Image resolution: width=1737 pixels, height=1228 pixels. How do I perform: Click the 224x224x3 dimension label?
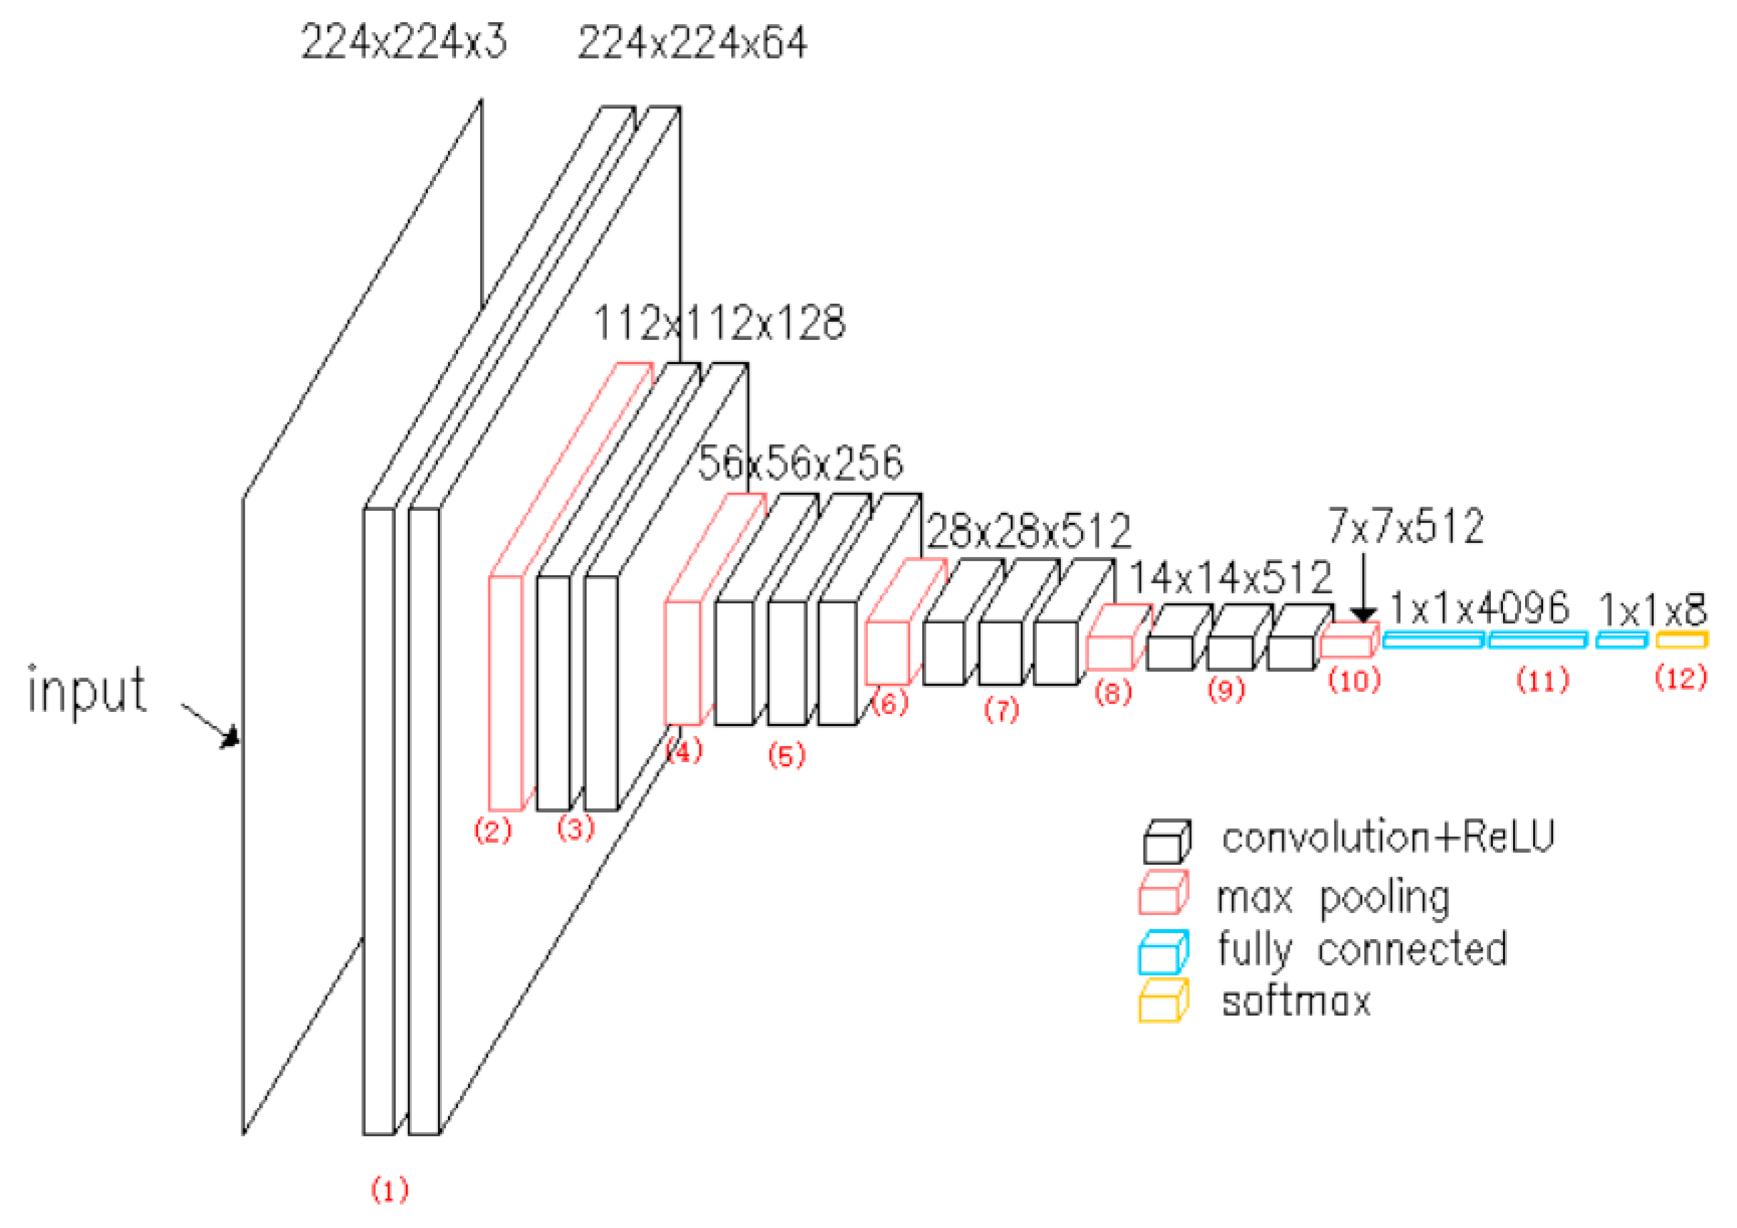404,42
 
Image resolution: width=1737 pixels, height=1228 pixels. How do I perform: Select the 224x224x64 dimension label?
692,42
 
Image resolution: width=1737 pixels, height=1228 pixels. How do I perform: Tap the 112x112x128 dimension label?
719,324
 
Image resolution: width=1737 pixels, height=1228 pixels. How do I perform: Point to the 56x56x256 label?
799,463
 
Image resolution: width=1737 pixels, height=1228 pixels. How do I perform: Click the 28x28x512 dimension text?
1029,532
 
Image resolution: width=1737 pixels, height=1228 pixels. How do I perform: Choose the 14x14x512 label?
1230,578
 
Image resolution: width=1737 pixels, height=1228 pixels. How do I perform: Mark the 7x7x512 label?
1406,526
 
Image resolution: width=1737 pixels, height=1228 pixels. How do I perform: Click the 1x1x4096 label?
1479,608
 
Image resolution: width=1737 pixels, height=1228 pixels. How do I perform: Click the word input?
87,690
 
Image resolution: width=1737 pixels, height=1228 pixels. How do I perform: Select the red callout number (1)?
390,1190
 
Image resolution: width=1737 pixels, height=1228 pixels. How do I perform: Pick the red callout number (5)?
787,755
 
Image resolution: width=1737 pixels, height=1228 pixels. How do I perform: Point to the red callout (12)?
1681,678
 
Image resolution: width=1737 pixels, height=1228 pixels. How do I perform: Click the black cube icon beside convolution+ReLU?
1166,842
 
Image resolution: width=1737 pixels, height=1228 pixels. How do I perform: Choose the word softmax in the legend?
1296,1003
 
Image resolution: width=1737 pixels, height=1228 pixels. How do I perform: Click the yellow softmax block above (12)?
1681,639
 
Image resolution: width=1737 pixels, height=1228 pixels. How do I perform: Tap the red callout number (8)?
1113,692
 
